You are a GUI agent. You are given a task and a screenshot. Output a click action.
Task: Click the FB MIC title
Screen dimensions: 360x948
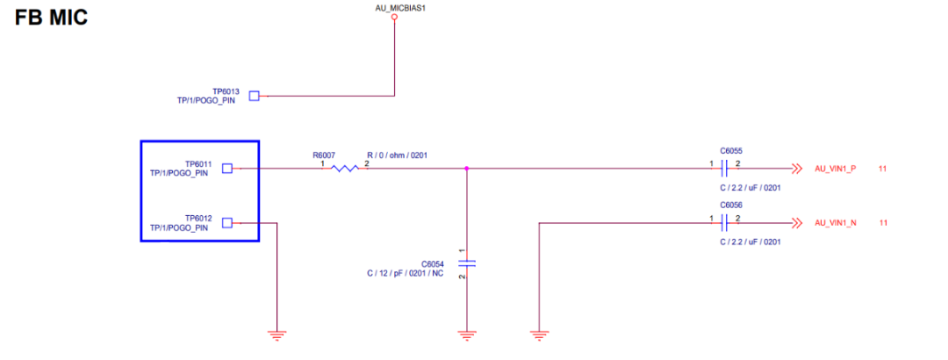51,17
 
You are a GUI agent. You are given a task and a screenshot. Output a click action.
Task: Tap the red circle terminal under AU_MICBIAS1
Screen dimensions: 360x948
394,17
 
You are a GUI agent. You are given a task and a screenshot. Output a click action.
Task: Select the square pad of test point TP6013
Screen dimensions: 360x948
254,96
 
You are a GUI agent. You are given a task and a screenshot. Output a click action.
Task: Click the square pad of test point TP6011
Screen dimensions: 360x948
226,168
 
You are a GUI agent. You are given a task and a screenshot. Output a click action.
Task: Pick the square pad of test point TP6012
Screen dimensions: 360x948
226,223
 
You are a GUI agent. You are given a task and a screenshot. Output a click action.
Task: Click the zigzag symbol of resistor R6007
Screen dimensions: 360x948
344,168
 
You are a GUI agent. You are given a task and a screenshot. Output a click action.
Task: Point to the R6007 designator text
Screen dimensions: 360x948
323,155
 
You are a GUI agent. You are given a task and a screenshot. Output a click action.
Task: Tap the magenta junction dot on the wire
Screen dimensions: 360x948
466,168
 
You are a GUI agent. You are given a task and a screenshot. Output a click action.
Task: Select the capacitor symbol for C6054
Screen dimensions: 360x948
466,263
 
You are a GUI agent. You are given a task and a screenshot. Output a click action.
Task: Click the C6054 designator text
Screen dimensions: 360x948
434,263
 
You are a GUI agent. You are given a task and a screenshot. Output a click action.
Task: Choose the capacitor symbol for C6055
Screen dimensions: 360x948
725,168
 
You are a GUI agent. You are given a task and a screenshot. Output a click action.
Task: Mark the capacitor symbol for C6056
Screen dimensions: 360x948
725,223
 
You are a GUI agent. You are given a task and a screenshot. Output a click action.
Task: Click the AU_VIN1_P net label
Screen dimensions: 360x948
835,169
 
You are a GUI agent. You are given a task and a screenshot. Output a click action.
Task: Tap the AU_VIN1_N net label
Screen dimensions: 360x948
835,223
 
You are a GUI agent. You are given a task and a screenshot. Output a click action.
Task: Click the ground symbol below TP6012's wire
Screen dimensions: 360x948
277,334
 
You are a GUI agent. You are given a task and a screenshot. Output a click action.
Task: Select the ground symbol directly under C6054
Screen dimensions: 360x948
466,334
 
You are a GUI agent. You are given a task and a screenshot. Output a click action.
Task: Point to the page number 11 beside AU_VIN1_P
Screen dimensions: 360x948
882,169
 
